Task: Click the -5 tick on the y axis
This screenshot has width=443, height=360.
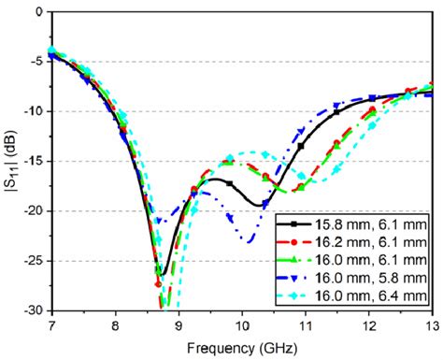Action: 35,62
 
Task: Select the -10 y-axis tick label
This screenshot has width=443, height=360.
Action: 32,111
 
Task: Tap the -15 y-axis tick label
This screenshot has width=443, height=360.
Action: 32,161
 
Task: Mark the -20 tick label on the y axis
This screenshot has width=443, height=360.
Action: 32,210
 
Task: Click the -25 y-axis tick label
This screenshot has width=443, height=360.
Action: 32,260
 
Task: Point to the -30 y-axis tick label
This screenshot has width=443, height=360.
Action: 32,310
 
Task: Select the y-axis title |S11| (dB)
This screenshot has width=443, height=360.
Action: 10,161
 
